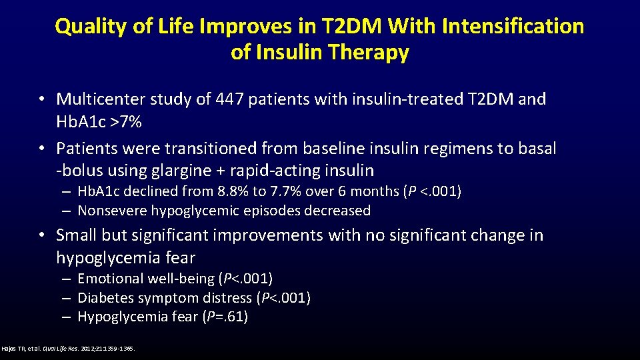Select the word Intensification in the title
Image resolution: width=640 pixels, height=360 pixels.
point(511,27)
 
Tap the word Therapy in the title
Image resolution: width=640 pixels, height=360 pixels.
point(369,53)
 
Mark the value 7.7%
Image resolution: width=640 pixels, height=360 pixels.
point(285,192)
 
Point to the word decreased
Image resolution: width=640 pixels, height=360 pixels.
point(339,211)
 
